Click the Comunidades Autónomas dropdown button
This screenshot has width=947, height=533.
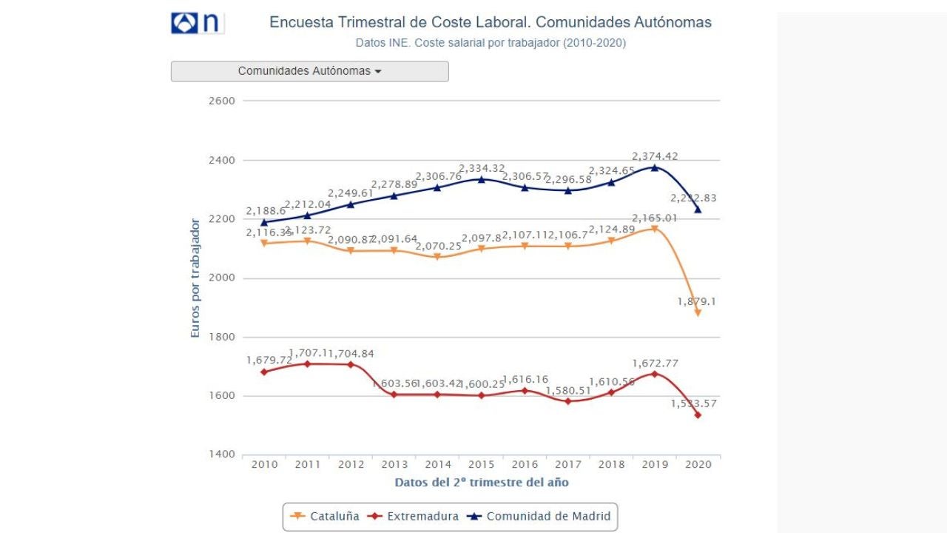point(309,71)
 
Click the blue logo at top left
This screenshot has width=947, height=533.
point(197,23)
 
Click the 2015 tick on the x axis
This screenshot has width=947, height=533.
point(482,465)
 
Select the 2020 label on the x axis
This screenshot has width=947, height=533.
point(698,465)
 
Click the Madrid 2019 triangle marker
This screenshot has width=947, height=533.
point(655,167)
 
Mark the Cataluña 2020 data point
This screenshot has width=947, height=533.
point(698,313)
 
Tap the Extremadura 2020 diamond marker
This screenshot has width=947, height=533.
point(698,415)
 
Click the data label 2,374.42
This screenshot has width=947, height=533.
point(655,156)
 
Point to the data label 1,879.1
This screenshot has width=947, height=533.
point(697,301)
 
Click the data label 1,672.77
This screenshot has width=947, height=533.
point(655,363)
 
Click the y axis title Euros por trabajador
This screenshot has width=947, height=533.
point(196,278)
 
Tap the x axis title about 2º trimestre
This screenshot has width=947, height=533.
point(482,483)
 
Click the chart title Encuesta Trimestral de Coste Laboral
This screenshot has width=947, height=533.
point(491,22)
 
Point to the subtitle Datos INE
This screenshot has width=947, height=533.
point(491,43)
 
